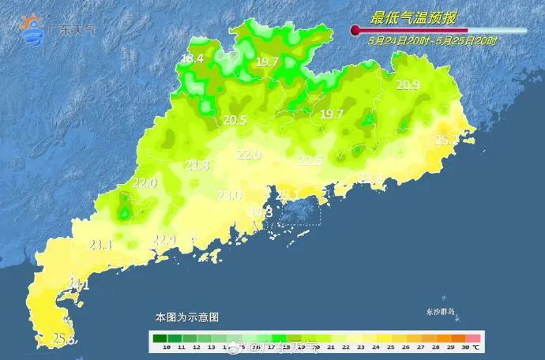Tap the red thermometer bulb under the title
355,32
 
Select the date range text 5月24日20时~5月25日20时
433,40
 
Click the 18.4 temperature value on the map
192,58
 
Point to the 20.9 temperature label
408,85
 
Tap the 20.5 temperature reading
235,120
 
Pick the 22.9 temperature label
164,239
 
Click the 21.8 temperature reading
197,165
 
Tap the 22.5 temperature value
310,161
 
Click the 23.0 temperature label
230,195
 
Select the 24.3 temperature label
261,212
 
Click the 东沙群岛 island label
438,312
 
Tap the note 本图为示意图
186,317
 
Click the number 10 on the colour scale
167,347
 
